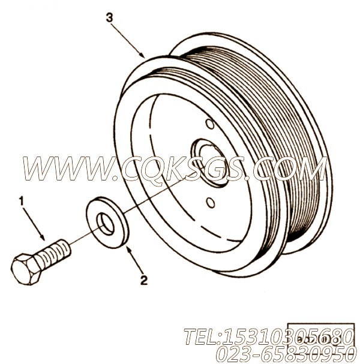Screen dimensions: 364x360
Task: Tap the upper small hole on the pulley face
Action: [x=209, y=124]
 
